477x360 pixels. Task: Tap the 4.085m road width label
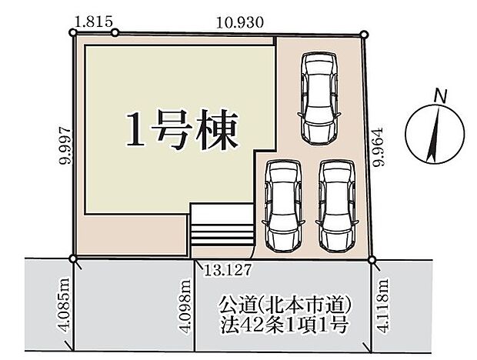point(64,304)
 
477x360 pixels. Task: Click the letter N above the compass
point(439,95)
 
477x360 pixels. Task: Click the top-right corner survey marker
point(364,34)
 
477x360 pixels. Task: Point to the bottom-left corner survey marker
point(73,258)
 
